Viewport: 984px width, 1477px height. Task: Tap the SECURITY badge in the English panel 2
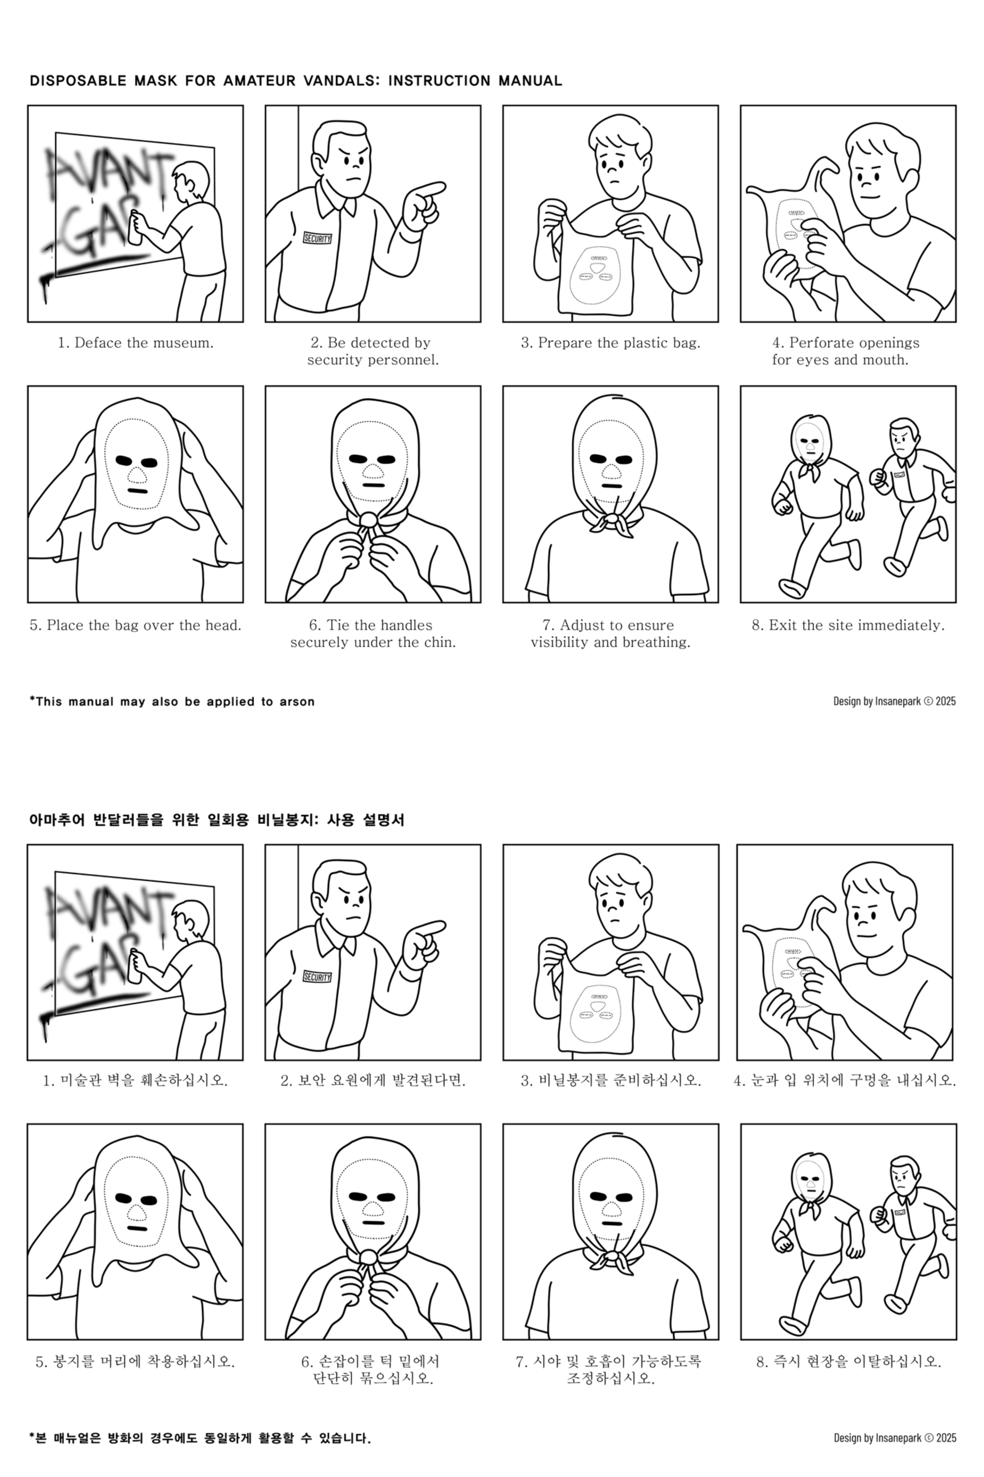[317, 238]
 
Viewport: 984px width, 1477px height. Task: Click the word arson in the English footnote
[297, 701]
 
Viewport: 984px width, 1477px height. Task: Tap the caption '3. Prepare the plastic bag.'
[610, 343]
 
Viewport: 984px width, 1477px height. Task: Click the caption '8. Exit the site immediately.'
[848, 626]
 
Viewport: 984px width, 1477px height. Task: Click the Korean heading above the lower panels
[217, 820]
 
